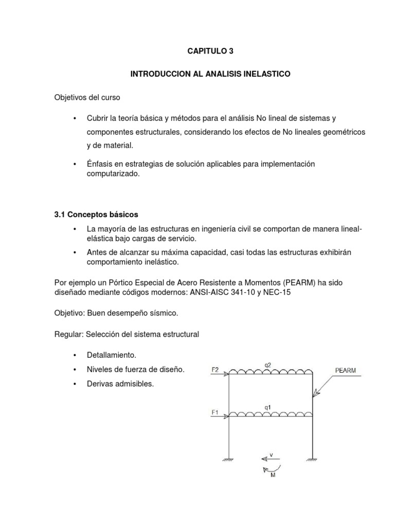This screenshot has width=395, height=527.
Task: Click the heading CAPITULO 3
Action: pyautogui.click(x=210, y=51)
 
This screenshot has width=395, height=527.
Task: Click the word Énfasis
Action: pyautogui.click(x=100, y=164)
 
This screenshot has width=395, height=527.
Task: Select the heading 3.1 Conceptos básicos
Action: pyautogui.click(x=96, y=214)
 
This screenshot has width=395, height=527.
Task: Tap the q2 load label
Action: pyautogui.click(x=268, y=365)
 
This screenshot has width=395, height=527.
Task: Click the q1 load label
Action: pyautogui.click(x=267, y=407)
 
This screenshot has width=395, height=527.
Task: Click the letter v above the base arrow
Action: pyautogui.click(x=272, y=454)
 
